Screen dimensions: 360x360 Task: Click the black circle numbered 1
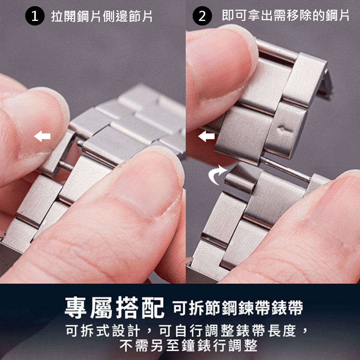click(x=35, y=16)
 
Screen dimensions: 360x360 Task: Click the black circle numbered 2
click(x=202, y=16)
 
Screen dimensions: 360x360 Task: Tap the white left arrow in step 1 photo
click(x=42, y=136)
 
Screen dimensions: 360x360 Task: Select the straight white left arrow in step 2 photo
click(x=206, y=136)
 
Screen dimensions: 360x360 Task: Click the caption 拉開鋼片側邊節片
click(x=102, y=16)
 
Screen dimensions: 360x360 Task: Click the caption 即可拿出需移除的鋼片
click(x=285, y=15)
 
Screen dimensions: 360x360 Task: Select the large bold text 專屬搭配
click(x=114, y=308)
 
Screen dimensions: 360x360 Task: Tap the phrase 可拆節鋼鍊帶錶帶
click(x=238, y=308)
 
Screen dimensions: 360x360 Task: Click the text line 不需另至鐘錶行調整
click(x=189, y=345)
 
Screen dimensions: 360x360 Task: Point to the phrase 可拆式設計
click(x=103, y=331)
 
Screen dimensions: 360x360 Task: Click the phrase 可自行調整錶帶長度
click(x=228, y=331)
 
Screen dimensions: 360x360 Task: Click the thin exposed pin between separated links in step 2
click(x=286, y=169)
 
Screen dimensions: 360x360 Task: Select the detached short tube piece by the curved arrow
click(x=240, y=181)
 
